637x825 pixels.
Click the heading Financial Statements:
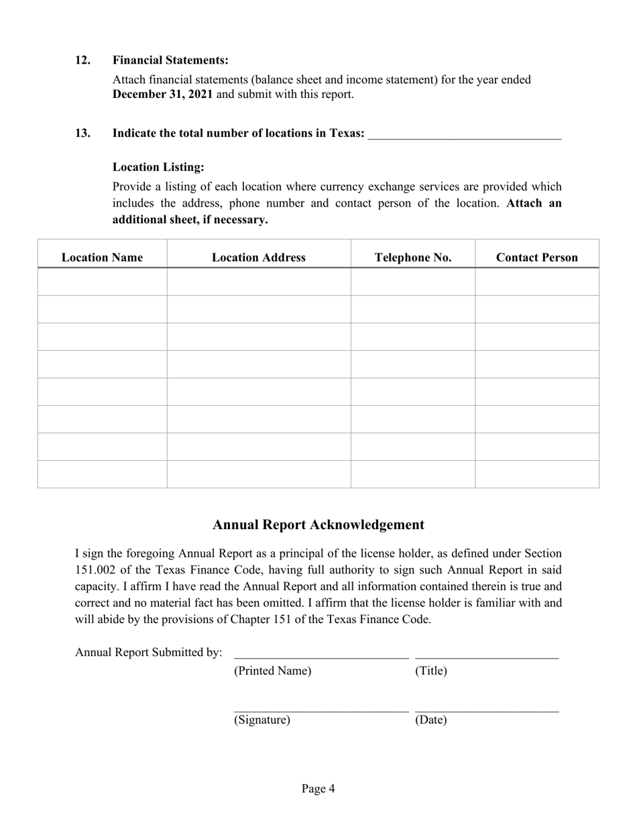(170, 60)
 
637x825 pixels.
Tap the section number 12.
(82, 60)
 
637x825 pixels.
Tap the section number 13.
(82, 133)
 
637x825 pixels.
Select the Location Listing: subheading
(158, 167)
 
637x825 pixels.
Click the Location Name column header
(102, 258)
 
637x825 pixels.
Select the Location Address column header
(259, 258)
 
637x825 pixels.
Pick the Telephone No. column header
(413, 258)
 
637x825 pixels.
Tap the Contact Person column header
(537, 258)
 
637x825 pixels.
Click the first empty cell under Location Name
(102, 282)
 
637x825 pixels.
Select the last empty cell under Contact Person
(537, 474)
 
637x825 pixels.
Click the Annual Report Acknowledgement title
(318, 525)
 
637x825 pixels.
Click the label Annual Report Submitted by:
(149, 653)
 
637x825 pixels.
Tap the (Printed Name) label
(272, 671)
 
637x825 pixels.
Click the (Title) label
(431, 671)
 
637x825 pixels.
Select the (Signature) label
(262, 720)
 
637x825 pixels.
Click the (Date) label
(431, 720)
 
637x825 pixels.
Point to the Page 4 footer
(318, 789)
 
